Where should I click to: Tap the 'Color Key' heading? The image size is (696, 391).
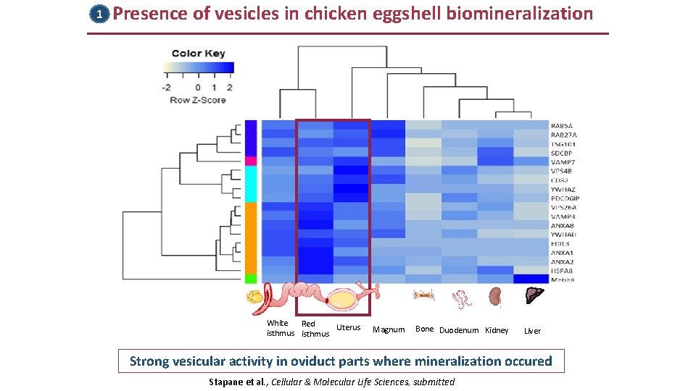click(198, 54)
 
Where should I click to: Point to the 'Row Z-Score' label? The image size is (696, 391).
click(198, 100)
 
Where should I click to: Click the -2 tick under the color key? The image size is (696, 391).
click(166, 88)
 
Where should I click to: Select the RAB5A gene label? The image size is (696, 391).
click(564, 125)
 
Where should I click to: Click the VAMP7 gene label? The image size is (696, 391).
click(564, 161)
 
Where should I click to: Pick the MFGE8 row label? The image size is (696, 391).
click(564, 280)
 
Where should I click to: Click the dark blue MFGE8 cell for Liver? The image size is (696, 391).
click(531, 279)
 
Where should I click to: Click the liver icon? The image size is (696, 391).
click(533, 295)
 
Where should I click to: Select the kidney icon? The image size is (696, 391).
click(496, 296)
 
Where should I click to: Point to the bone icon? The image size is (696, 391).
click(423, 295)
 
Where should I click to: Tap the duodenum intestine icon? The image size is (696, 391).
click(461, 298)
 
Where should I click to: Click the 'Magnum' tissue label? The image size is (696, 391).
click(389, 330)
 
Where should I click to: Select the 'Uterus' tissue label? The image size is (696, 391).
click(349, 328)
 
